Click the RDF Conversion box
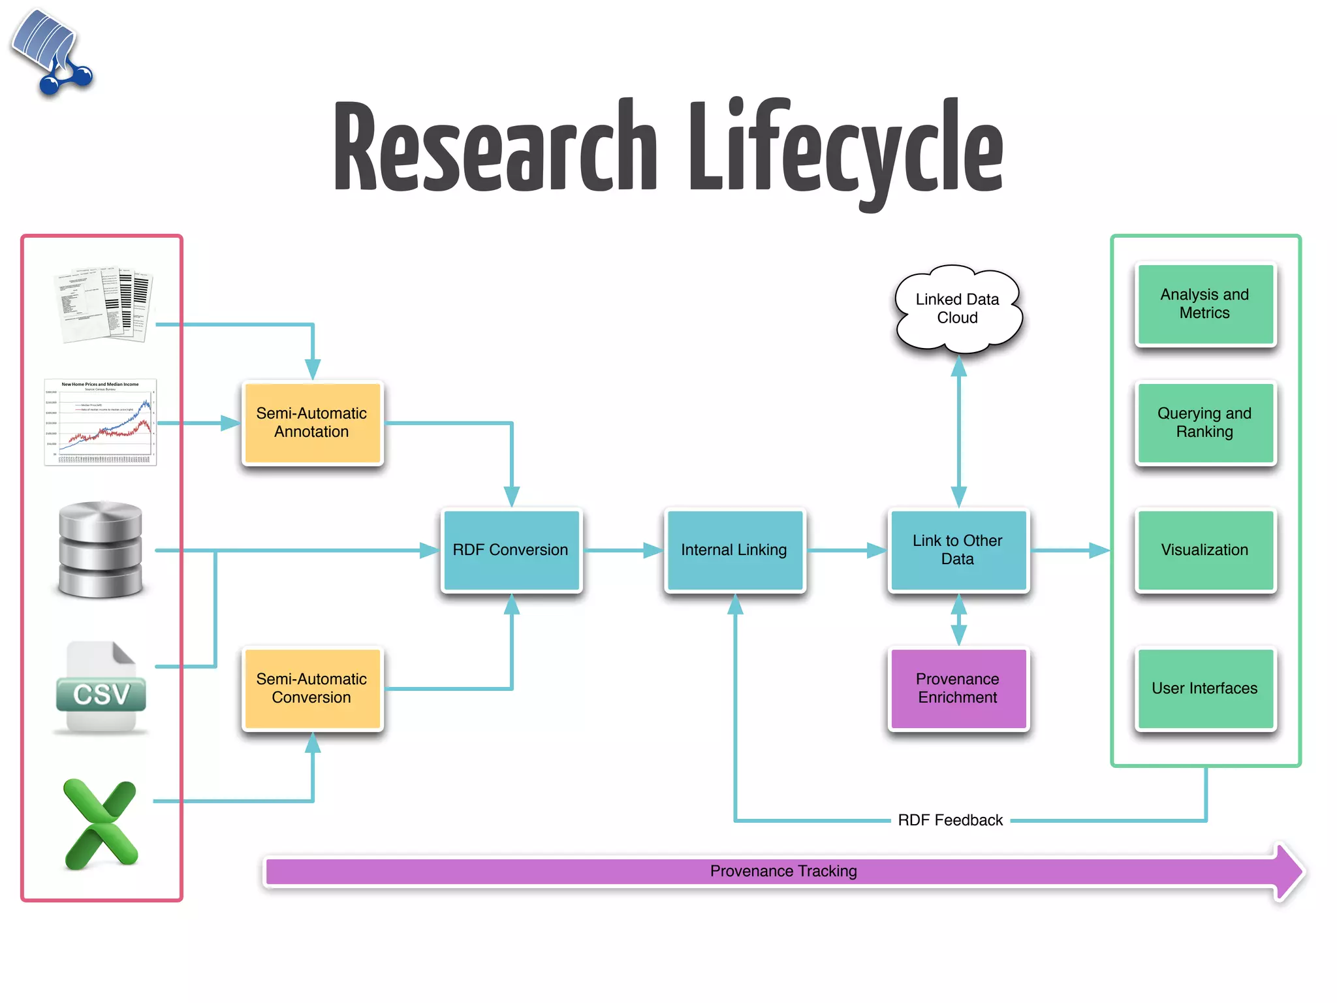pyautogui.click(x=511, y=550)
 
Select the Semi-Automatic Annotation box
pyautogui.click(x=311, y=422)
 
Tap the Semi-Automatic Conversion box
pyautogui.click(x=311, y=688)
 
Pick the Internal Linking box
pyautogui.click(x=734, y=550)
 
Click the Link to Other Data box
pyautogui.click(x=957, y=550)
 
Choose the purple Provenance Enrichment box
pyautogui.click(x=957, y=688)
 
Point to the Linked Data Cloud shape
pyautogui.click(x=957, y=309)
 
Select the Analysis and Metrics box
pyautogui.click(x=1204, y=304)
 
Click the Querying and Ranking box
pyautogui.click(x=1204, y=422)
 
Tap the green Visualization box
pyautogui.click(x=1204, y=550)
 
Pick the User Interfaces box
pyautogui.click(x=1204, y=688)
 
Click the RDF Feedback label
pyautogui.click(x=950, y=820)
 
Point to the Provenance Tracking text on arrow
pyautogui.click(x=783, y=871)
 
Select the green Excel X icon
pyautogui.click(x=101, y=824)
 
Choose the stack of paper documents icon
pyautogui.click(x=104, y=304)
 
